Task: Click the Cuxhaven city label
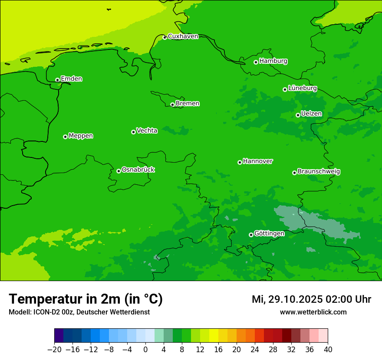(183, 36)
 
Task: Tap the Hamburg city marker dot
(256, 62)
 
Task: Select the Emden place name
(71, 79)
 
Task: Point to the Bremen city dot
(172, 105)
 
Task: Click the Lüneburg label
(302, 88)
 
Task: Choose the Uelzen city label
(311, 114)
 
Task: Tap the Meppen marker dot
(65, 137)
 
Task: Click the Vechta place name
(147, 131)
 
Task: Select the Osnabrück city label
(138, 170)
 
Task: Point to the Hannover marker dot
(240, 162)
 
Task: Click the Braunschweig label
(319, 172)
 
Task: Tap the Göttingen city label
(269, 233)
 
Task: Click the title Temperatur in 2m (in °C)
(86, 299)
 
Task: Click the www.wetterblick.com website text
(313, 312)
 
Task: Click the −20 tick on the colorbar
(54, 350)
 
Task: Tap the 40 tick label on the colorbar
(328, 350)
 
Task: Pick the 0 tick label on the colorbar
(145, 350)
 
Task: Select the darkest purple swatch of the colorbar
(59, 336)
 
